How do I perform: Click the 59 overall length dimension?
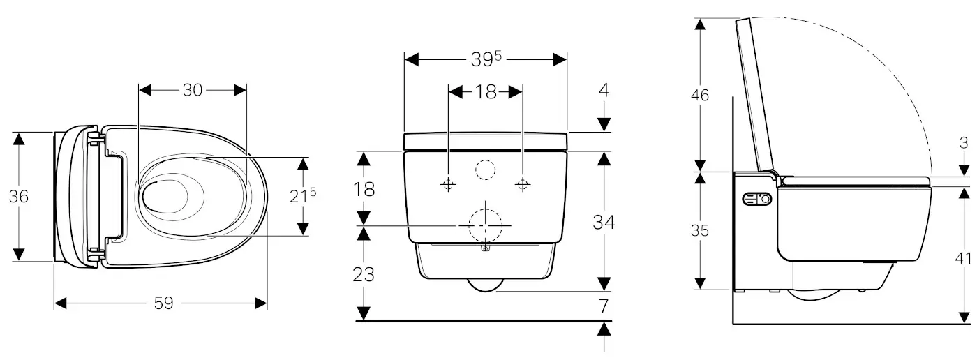pyautogui.click(x=163, y=303)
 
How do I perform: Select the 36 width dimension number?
pyautogui.click(x=19, y=197)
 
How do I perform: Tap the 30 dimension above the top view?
pyautogui.click(x=193, y=90)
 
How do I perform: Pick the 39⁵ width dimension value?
pyautogui.click(x=486, y=60)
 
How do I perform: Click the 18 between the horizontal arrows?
pyautogui.click(x=486, y=92)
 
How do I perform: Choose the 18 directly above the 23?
pyautogui.click(x=364, y=189)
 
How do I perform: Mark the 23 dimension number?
pyautogui.click(x=364, y=274)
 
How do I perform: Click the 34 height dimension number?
pyautogui.click(x=603, y=223)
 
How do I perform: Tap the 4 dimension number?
pyautogui.click(x=604, y=90)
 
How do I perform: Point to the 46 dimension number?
pyautogui.click(x=700, y=95)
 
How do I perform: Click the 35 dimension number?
pyautogui.click(x=700, y=230)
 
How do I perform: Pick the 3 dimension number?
pyautogui.click(x=964, y=144)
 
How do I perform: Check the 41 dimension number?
pyautogui.click(x=964, y=257)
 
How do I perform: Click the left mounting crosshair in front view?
pyautogui.click(x=448, y=185)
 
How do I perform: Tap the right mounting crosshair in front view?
pyautogui.click(x=523, y=185)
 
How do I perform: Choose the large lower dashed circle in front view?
pyautogui.click(x=485, y=225)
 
